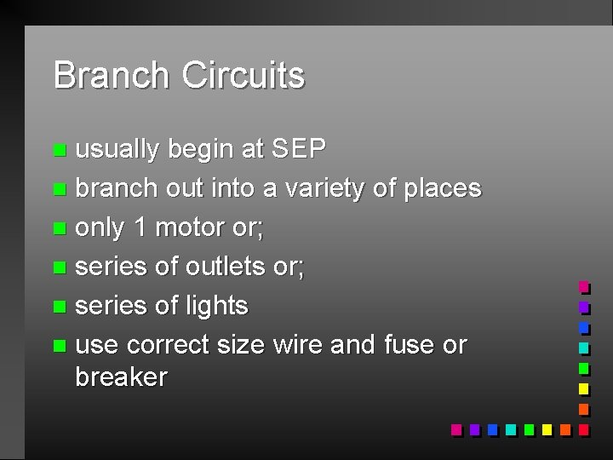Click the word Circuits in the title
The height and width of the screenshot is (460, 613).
[x=243, y=75]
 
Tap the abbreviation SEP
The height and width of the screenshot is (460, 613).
[x=298, y=149]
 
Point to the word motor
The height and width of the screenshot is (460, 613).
[x=196, y=227]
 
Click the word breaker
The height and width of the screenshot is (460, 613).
[x=121, y=377]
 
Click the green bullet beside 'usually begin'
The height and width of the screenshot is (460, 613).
[x=58, y=151]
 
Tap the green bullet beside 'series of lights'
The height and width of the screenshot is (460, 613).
[x=58, y=307]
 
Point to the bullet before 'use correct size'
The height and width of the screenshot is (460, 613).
[x=58, y=346]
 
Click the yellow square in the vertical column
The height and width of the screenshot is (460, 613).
[x=583, y=388]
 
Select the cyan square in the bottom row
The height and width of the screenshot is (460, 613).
[x=510, y=429]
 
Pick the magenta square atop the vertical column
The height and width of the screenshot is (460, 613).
[x=583, y=287]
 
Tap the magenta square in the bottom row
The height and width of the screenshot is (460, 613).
[x=456, y=429]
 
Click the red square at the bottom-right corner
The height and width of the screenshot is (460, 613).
[x=583, y=429]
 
